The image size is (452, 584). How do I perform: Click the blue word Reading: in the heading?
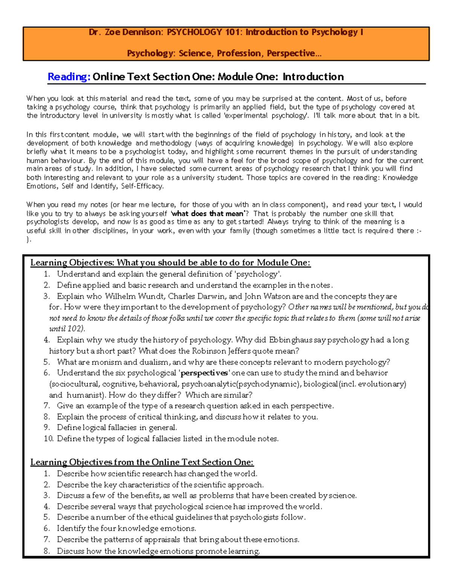coord(69,77)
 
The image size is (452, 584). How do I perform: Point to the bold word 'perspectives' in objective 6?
coord(204,373)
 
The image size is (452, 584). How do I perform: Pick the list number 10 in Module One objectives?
coord(48,439)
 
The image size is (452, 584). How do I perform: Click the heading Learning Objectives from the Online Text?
coord(142,463)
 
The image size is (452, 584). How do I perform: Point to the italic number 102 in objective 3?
coord(75,329)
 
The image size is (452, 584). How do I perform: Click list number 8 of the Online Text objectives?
coord(47,551)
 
